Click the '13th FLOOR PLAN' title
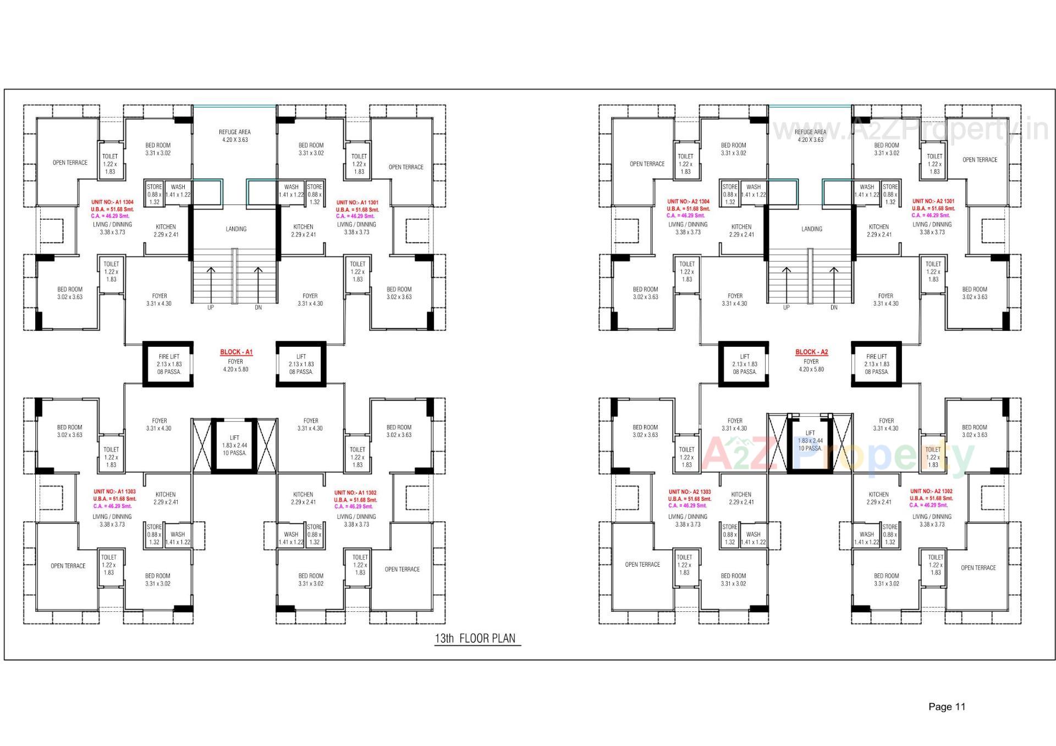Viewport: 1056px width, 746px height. [x=475, y=638]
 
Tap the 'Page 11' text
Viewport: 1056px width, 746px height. [x=947, y=706]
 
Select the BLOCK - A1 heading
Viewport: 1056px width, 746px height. [x=236, y=352]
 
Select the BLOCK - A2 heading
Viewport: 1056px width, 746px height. [x=811, y=352]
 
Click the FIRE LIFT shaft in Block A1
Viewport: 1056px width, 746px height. [x=168, y=364]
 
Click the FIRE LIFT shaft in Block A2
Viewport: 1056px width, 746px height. [x=876, y=364]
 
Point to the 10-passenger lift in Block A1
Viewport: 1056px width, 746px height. [x=234, y=445]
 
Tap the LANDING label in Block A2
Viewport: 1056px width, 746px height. [x=811, y=229]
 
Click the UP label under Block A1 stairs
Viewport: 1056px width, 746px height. [x=211, y=308]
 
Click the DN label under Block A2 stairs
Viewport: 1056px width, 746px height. [x=834, y=308]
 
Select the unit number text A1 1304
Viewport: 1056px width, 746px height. [x=112, y=202]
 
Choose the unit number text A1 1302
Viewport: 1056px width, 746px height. [x=355, y=493]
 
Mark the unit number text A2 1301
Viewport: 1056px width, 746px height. [x=933, y=201]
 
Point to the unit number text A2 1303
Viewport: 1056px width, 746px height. [x=690, y=492]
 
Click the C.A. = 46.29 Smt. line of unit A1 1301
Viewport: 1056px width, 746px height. [x=355, y=216]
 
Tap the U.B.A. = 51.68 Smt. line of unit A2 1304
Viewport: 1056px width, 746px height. [x=688, y=209]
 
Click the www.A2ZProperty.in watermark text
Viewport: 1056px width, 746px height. [x=910, y=130]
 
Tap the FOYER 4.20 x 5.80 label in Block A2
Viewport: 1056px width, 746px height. [x=811, y=366]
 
